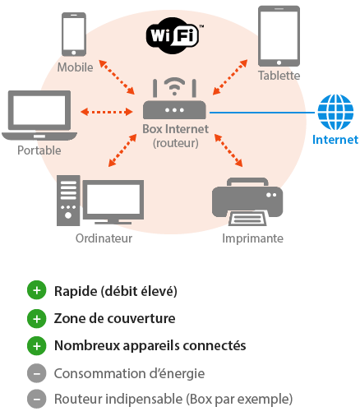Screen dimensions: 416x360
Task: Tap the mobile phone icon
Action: click(74, 35)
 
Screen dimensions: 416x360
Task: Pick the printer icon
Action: click(247, 200)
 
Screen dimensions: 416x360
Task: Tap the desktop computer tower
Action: click(67, 200)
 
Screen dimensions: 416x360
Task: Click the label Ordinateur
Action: click(104, 238)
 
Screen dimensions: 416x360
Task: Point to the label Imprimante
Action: click(252, 238)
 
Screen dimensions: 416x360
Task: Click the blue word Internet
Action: click(336, 140)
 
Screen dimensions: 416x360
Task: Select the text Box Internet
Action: click(175, 129)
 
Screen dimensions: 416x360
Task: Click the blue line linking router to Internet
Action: click(263, 111)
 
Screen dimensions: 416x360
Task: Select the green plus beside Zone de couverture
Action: click(36, 318)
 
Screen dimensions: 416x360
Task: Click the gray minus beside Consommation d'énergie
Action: click(36, 372)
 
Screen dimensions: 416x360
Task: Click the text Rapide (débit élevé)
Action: click(116, 291)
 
